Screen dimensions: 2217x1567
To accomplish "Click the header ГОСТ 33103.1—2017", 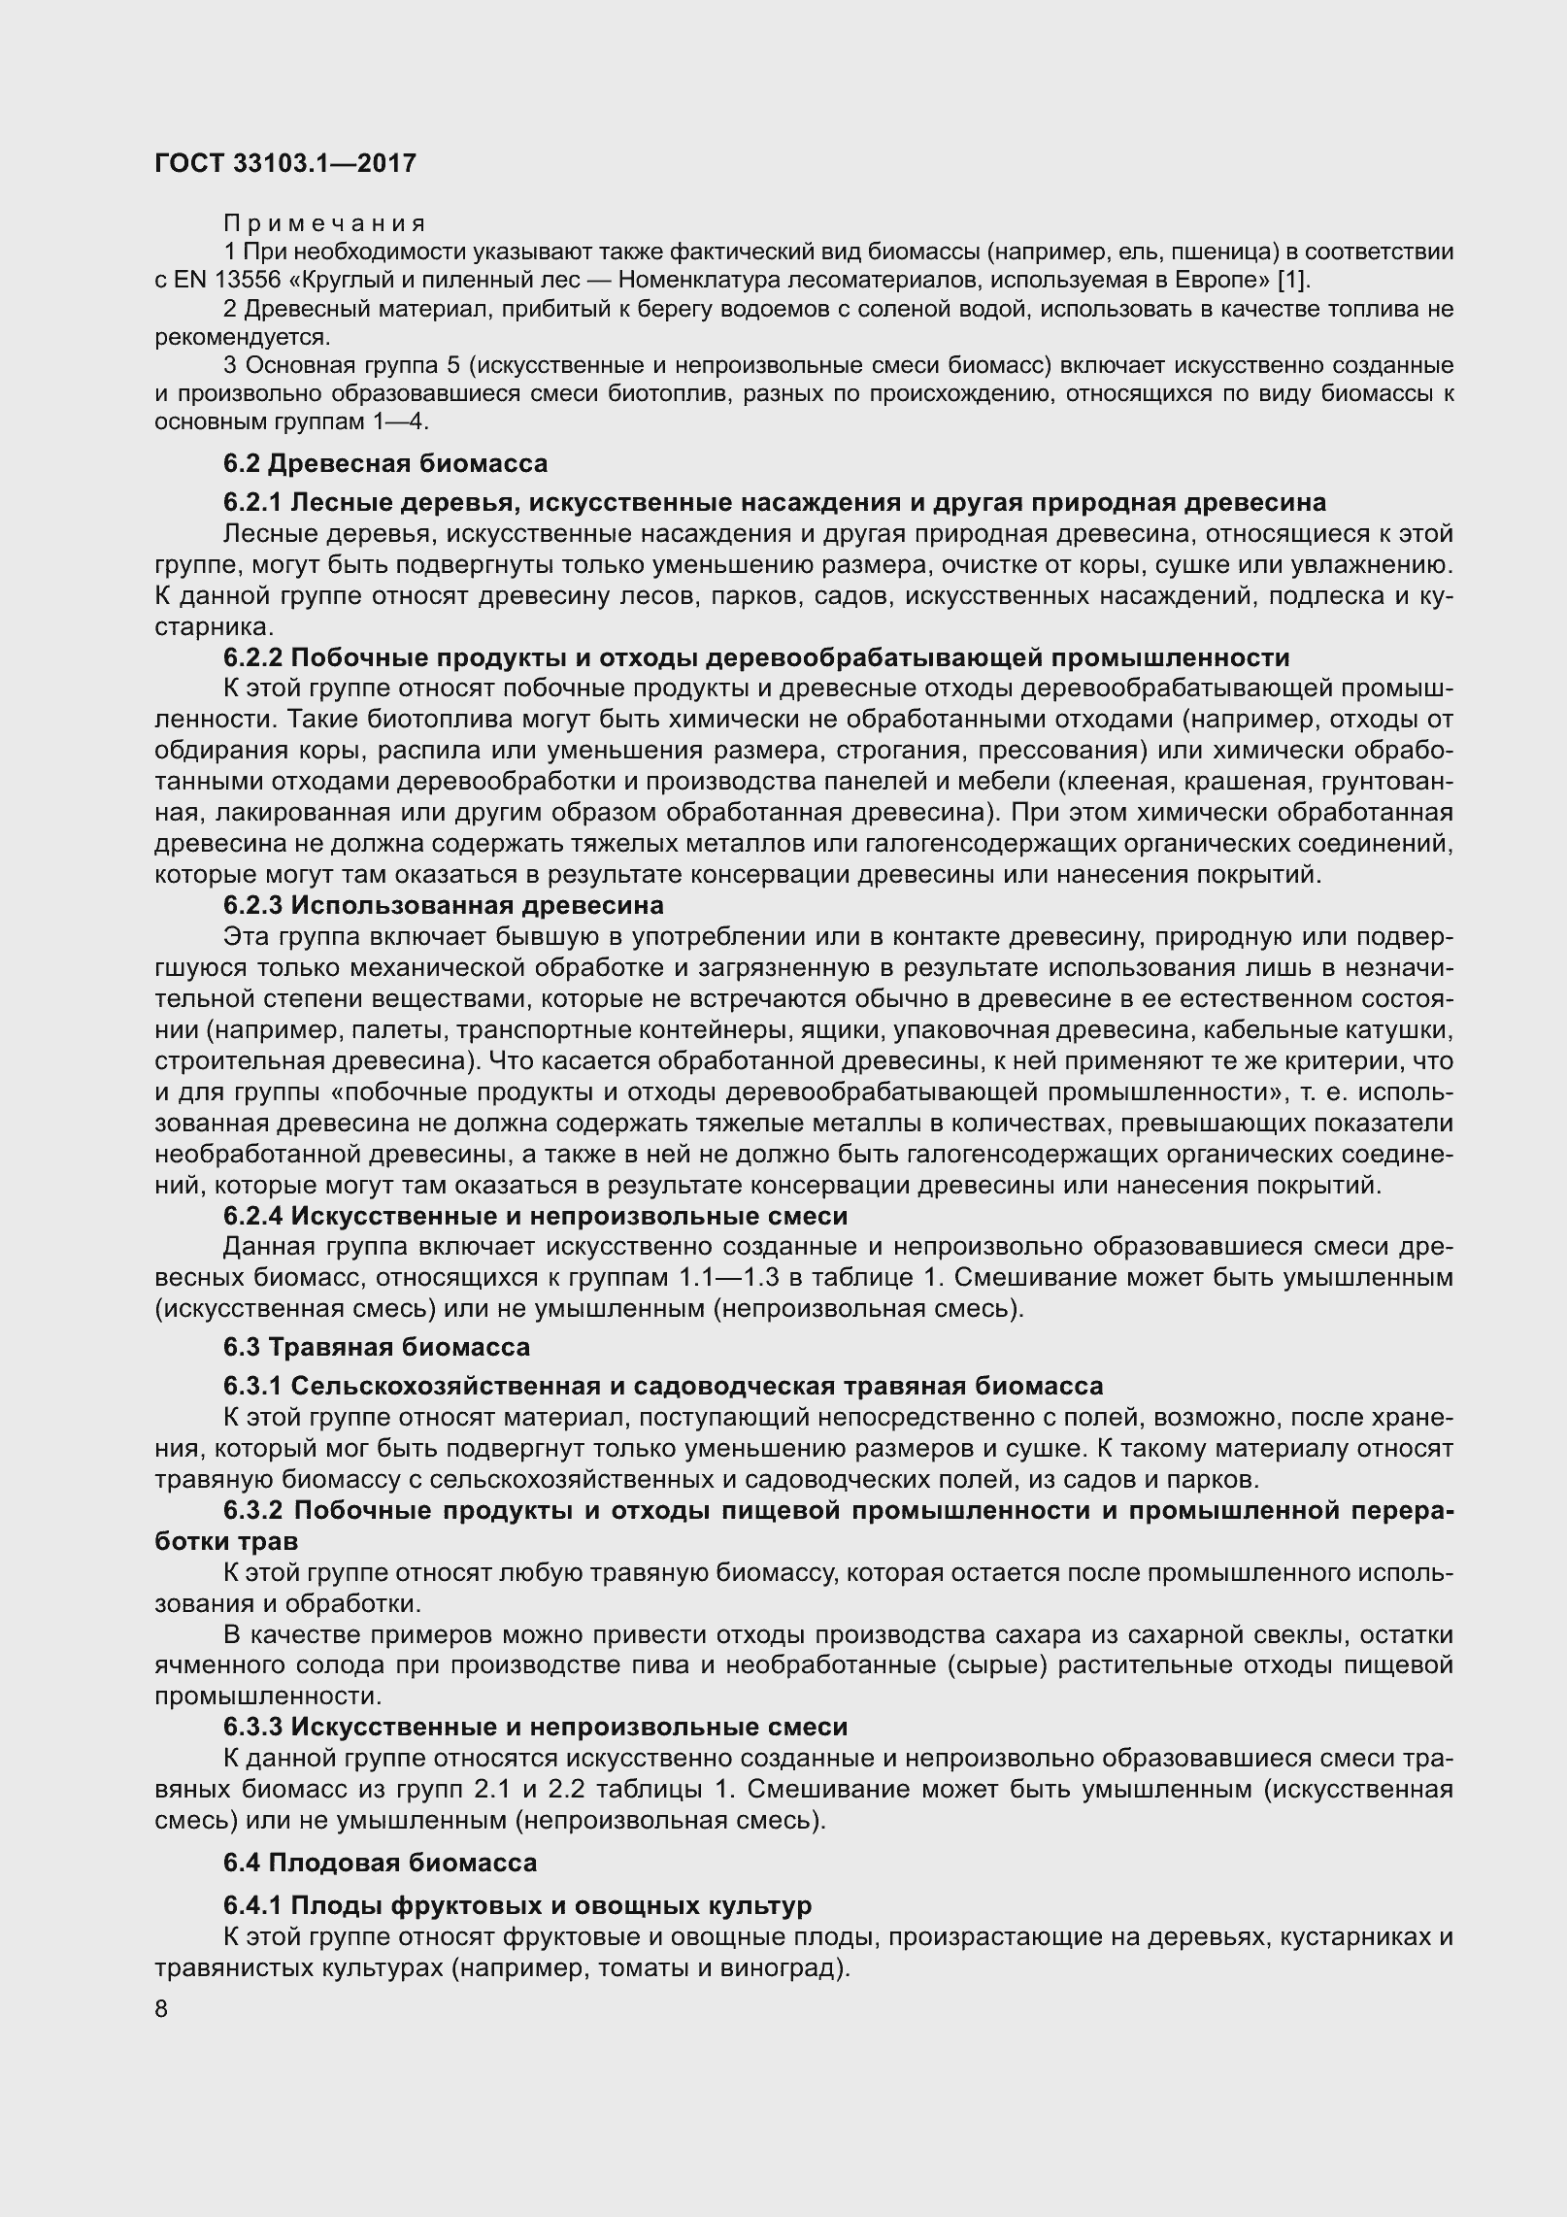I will pos(285,164).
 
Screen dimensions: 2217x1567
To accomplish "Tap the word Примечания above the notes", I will pos(324,224).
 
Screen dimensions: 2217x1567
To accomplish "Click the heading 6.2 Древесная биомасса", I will pos(384,463).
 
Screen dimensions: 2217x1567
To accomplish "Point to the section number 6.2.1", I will pos(252,502).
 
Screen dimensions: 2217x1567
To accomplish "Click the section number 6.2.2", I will pos(252,657).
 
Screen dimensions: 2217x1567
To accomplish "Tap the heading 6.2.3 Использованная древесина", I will pos(443,905).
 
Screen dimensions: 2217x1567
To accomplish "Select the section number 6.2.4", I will pos(252,1216).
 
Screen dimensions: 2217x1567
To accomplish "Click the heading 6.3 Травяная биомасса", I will pos(376,1347).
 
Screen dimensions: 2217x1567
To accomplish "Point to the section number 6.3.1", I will pos(252,1385).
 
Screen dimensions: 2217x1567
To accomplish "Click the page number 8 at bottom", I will pos(161,2009).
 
